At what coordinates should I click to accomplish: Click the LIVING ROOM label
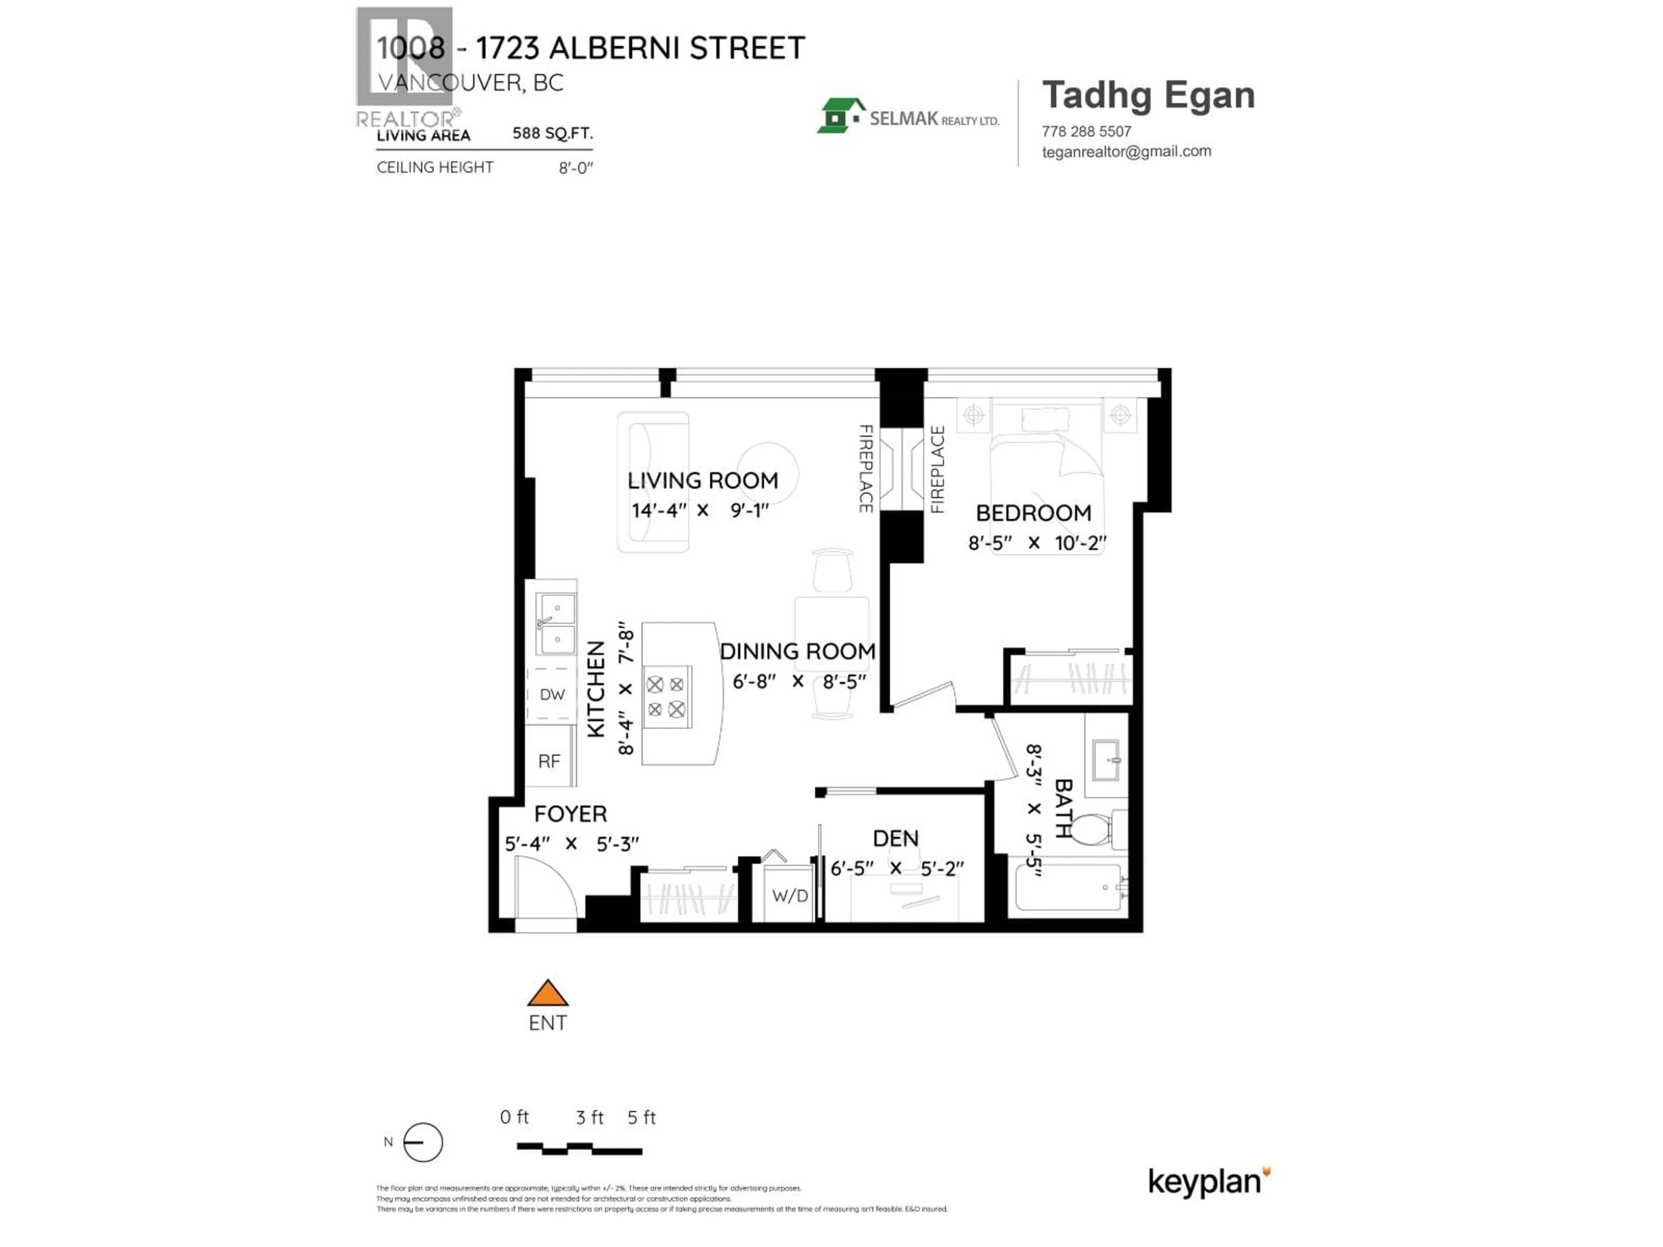coord(702,480)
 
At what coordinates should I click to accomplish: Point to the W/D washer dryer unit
coord(789,895)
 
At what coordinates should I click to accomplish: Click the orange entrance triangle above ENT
coord(547,995)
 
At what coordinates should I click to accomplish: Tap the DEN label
coord(896,838)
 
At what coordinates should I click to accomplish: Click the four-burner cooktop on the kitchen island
coord(666,696)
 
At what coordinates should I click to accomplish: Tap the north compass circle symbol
coord(423,1143)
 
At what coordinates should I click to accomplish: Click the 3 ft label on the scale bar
coord(589,1118)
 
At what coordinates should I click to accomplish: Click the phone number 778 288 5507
coord(1086,132)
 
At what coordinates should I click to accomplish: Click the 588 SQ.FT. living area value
coord(553,133)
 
